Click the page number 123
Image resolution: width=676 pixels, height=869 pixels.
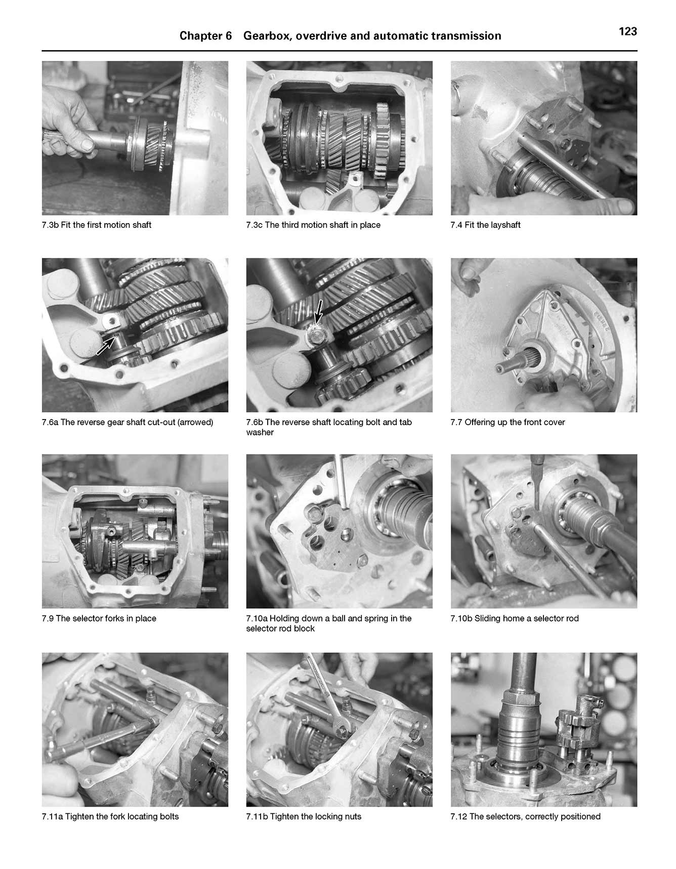[627, 31]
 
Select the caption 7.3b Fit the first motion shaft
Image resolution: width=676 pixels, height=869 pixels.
[96, 225]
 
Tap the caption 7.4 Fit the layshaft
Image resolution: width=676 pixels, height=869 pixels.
[485, 225]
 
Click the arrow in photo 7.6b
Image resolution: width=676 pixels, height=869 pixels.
[318, 310]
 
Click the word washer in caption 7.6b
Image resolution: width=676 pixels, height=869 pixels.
[260, 432]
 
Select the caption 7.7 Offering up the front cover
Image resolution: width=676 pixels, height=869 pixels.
[508, 422]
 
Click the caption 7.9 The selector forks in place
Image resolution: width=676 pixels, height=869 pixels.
[99, 618]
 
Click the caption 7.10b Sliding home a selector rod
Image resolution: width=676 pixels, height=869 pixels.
[514, 618]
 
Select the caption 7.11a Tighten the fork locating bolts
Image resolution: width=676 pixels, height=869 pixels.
[110, 816]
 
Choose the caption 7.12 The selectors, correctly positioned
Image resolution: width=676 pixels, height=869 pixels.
[525, 816]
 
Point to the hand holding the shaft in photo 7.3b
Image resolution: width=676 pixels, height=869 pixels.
[71, 129]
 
